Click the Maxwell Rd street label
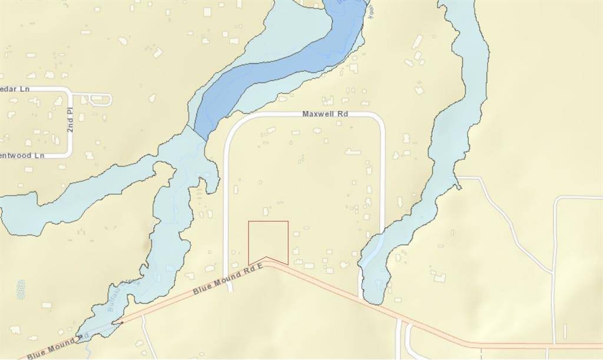[x=323, y=114]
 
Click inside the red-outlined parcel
[x=268, y=240]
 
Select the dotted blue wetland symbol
[x=21, y=289]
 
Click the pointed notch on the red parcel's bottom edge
[x=267, y=257]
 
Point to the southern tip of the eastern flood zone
[x=373, y=302]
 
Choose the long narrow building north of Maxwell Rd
[x=417, y=41]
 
